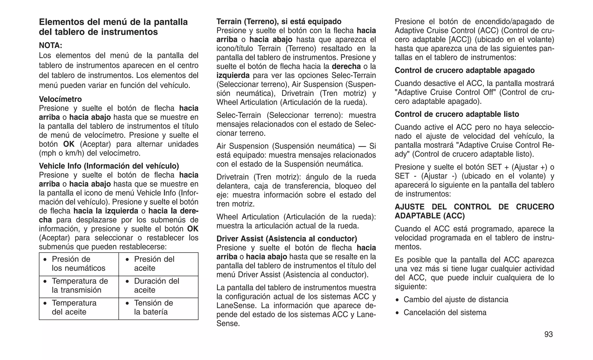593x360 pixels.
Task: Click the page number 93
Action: pyautogui.click(x=548, y=335)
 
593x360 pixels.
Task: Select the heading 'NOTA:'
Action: pyautogui.click(x=51, y=45)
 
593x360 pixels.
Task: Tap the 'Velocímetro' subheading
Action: pyautogui.click(x=60, y=99)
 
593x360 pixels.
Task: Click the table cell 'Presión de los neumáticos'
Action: pyautogui.click(x=78, y=264)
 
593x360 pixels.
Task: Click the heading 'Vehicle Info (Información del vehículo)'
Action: pyautogui.click(x=109, y=166)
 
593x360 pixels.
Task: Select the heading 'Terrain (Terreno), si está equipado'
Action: pyautogui.click(x=279, y=21)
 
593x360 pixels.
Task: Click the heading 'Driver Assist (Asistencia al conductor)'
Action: pyautogui.click(x=287, y=239)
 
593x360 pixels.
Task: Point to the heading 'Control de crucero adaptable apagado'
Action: pyautogui.click(x=464, y=70)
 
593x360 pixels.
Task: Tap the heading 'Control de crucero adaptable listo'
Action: pyautogui.click(x=457, y=114)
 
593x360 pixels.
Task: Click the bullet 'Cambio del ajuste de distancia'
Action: pyautogui.click(x=456, y=299)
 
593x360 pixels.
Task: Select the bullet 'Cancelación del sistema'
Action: pyautogui.click(x=445, y=313)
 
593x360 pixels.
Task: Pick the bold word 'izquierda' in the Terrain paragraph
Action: pyautogui.click(x=233, y=76)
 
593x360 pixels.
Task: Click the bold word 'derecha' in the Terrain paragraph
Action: pyautogui.click(x=346, y=67)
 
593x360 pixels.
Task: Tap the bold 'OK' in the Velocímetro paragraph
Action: pyautogui.click(x=69, y=144)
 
